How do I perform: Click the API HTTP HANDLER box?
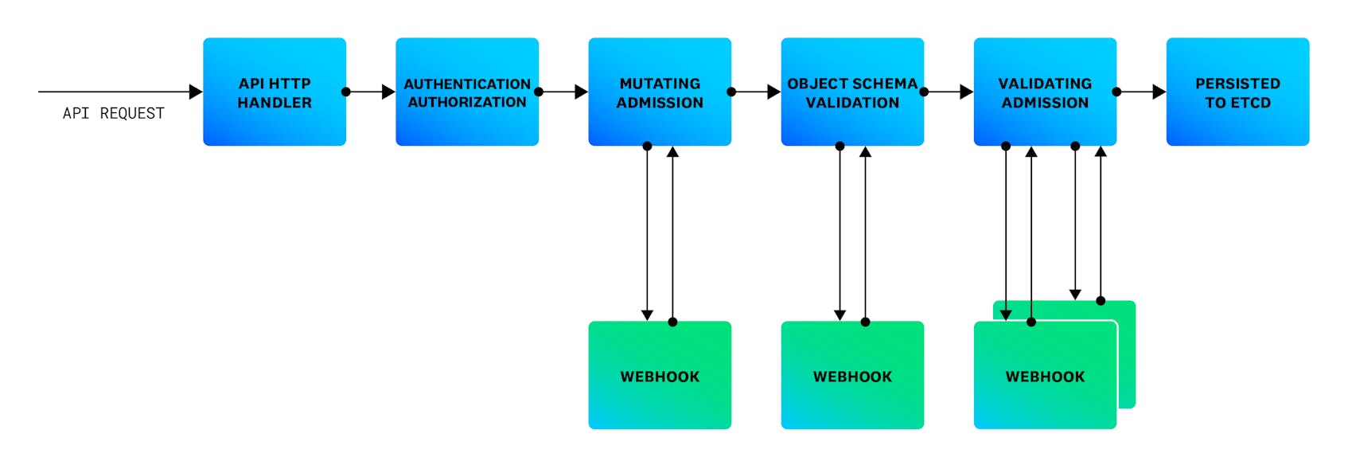(275, 92)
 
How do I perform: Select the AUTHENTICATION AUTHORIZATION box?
(467, 92)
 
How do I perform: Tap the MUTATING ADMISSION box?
(660, 92)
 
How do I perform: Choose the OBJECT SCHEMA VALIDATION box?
(852, 92)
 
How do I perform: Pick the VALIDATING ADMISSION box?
(1045, 92)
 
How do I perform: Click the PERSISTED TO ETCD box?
(1237, 92)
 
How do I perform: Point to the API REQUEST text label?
(114, 113)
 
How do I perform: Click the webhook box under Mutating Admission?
(660, 376)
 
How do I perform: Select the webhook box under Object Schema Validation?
(852, 376)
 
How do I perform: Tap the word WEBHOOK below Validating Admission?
(1045, 377)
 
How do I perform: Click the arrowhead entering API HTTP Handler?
(196, 92)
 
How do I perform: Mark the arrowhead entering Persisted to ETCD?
(1159, 92)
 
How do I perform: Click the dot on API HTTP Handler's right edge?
(346, 92)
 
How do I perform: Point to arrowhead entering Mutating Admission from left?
(581, 92)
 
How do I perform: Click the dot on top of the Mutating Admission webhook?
(672, 322)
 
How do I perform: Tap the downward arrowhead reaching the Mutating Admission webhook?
(647, 315)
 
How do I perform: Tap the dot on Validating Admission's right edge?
(1116, 92)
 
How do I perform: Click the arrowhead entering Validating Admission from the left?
(966, 92)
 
